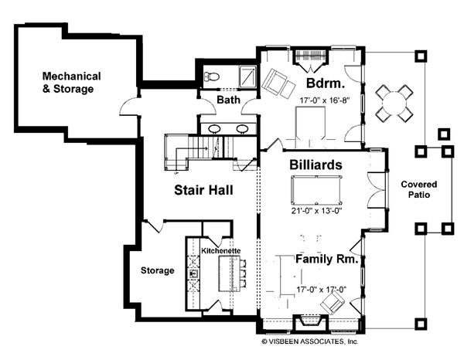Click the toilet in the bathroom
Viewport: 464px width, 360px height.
click(x=211, y=76)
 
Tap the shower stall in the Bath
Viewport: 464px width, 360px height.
click(x=247, y=76)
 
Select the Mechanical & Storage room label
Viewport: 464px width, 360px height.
click(x=71, y=83)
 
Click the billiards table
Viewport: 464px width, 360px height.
click(x=316, y=190)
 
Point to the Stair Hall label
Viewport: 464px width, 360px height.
click(x=203, y=190)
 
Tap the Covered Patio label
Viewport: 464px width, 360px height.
click(x=418, y=189)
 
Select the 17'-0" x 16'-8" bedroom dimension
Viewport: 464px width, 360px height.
click(x=325, y=100)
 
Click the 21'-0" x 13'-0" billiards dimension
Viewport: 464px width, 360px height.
click(x=316, y=211)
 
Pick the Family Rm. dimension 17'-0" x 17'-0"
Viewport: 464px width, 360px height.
click(x=322, y=290)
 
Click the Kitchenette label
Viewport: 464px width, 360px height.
click(x=220, y=251)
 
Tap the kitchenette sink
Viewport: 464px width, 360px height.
click(x=193, y=273)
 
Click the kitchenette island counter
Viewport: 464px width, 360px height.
click(x=228, y=273)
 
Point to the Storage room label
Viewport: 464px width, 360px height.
click(x=157, y=270)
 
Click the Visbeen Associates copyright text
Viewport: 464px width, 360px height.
click(x=310, y=341)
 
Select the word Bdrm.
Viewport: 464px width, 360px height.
click(x=326, y=83)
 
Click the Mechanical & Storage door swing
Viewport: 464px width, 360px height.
click(x=128, y=107)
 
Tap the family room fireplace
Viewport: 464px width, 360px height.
click(x=310, y=322)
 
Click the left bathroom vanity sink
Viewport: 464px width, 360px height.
click(x=214, y=129)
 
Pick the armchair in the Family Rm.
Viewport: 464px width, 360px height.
click(x=333, y=302)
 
